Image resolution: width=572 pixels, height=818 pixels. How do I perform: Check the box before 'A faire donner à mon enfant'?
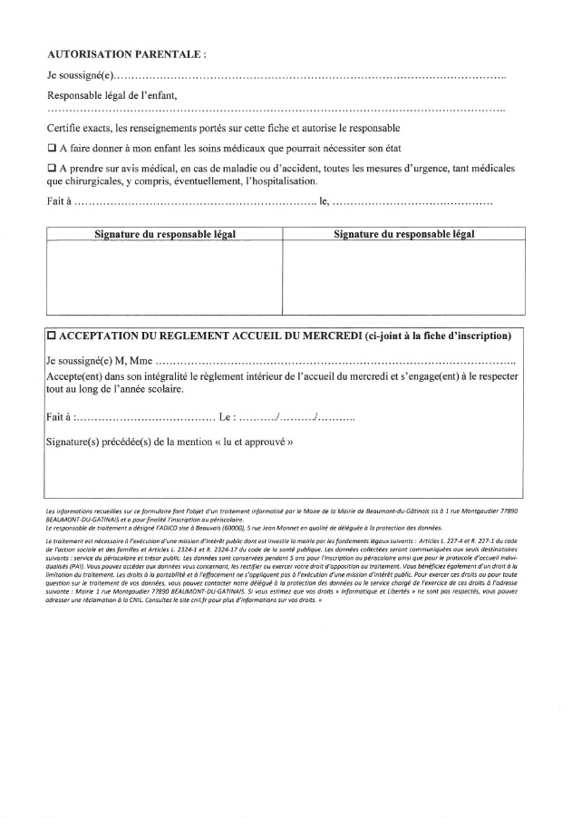51,148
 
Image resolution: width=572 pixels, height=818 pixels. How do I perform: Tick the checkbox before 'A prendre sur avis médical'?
51,169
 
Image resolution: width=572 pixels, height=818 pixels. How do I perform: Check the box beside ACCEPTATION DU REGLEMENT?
52,336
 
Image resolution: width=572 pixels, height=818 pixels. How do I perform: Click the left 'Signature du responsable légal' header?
165,234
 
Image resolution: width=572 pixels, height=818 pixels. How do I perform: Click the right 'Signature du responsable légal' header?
404,234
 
